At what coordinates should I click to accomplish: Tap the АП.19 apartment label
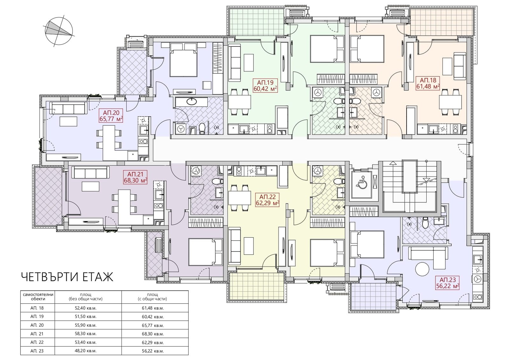pos(265,86)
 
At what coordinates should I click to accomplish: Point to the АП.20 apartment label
pos(111,116)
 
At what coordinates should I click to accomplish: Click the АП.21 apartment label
pos(136,177)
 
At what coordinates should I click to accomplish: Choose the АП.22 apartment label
pos(267,200)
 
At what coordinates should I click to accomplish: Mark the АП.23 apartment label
pos(447,282)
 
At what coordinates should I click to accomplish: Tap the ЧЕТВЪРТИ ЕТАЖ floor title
pos(67,277)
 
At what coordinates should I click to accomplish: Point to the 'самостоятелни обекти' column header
pos(38,297)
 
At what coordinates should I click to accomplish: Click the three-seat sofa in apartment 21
pos(89,172)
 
